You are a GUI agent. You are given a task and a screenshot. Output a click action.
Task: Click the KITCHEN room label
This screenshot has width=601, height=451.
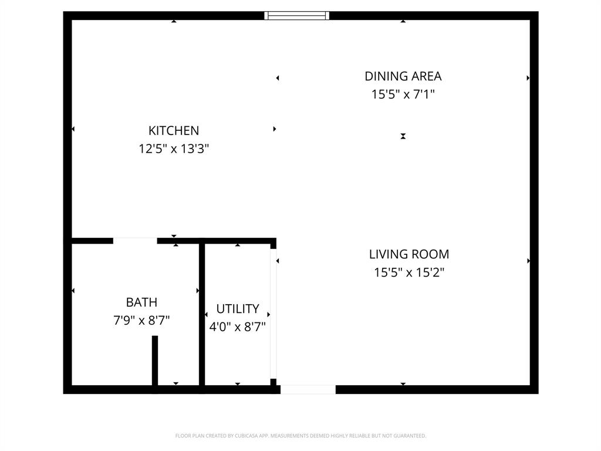pos(174,130)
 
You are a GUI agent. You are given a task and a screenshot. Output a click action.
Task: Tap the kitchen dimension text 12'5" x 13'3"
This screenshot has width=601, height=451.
pos(174,149)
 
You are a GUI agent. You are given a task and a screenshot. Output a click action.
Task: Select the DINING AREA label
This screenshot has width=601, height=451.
pos(403,76)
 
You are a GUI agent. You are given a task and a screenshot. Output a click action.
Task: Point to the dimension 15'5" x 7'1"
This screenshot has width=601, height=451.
pos(403,94)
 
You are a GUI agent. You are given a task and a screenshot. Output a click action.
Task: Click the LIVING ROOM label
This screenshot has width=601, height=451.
pos(409,254)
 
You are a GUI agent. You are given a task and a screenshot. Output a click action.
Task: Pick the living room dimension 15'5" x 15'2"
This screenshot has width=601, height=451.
pos(409,272)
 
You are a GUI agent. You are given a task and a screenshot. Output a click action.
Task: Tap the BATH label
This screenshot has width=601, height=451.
pos(141,302)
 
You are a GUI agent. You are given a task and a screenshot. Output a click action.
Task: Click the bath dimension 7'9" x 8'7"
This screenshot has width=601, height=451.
pos(141,321)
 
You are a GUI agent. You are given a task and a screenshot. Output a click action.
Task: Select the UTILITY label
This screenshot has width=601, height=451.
pos(238,309)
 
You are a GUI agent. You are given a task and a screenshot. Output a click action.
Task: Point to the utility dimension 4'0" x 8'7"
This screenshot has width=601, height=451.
pos(238,327)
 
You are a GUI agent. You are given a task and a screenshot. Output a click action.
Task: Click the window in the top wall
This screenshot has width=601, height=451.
pos(296,16)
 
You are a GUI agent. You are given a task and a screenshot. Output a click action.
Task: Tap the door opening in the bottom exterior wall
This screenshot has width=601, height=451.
pos(308,389)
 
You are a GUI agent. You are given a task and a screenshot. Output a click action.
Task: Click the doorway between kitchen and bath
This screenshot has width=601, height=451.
pos(135,240)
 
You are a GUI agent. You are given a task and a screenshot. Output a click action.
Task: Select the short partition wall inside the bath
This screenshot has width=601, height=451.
pos(155,361)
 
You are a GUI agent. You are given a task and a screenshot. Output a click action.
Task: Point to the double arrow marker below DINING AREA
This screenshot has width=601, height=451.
pos(403,136)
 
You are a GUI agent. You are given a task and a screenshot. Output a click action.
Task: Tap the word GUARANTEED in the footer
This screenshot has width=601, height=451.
pos(411,436)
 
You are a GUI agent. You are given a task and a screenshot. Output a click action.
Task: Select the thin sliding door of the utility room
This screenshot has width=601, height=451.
pos(273,314)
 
